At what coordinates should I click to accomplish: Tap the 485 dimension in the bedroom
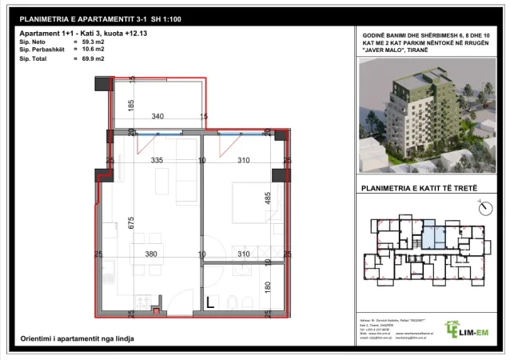tap(269, 198)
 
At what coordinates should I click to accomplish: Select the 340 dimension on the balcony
tap(157, 117)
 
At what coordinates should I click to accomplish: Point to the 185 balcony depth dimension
tap(131, 104)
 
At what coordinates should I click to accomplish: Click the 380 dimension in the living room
tap(152, 254)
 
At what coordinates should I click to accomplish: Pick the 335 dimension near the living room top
tap(157, 161)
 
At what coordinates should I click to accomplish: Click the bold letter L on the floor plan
tap(209, 303)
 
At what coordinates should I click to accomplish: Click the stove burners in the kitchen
tap(145, 302)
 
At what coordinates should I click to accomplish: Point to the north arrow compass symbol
tap(482, 208)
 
